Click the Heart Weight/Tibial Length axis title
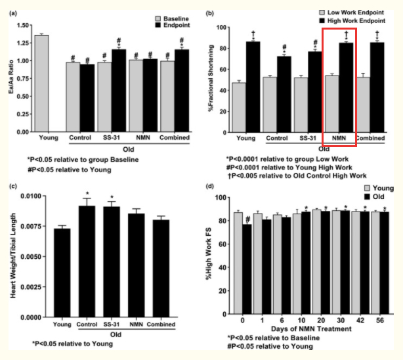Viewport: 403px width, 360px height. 9,256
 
